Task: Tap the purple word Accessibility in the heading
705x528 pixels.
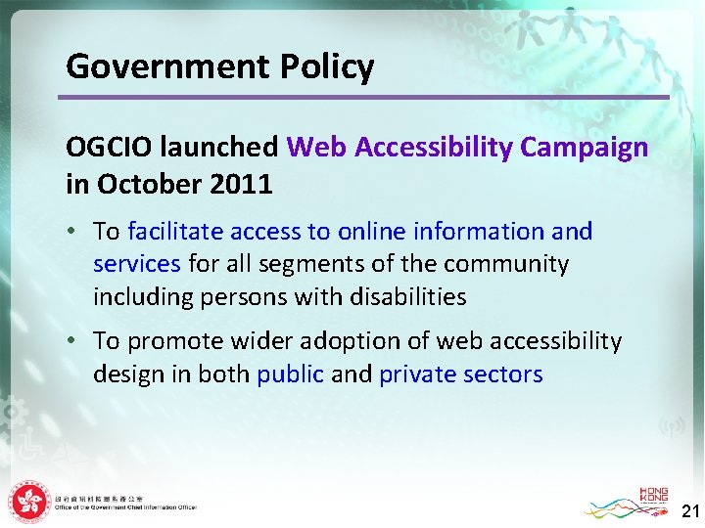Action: coord(434,148)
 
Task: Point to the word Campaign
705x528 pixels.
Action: coord(585,148)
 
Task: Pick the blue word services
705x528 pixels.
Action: coord(136,264)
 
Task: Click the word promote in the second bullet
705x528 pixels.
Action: coord(174,341)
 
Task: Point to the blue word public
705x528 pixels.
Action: coord(290,374)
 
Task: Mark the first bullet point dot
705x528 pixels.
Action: coord(74,233)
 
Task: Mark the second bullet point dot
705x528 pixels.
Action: coord(74,342)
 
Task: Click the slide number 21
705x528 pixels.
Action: coord(689,510)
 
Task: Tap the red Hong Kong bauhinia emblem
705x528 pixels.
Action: coord(28,503)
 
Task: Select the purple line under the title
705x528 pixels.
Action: coord(362,97)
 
